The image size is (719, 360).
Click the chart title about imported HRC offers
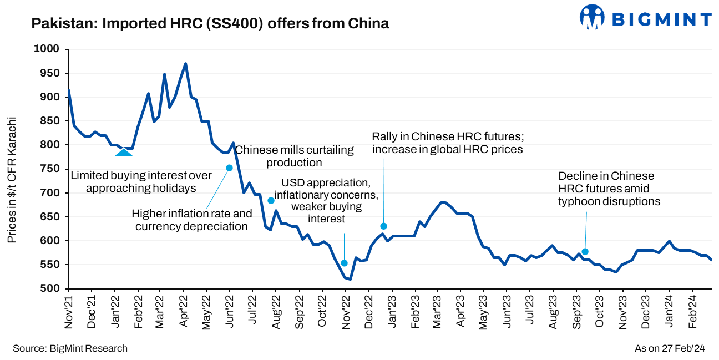pyautogui.click(x=210, y=23)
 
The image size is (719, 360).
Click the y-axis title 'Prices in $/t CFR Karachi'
pyautogui.click(x=12, y=180)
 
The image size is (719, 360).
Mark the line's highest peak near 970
pyautogui.click(x=185, y=64)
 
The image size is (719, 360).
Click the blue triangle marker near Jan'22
pyautogui.click(x=123, y=151)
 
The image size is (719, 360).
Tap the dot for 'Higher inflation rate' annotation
pyautogui.click(x=229, y=168)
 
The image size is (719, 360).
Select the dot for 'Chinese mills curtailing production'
pyautogui.click(x=271, y=201)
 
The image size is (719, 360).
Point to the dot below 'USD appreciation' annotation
pyautogui.click(x=344, y=263)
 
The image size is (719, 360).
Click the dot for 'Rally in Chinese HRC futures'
pyautogui.click(x=383, y=226)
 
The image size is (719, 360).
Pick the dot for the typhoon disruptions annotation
pyautogui.click(x=585, y=251)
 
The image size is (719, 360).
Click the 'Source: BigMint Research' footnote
pyautogui.click(x=70, y=348)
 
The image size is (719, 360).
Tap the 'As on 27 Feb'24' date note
pyautogui.click(x=669, y=348)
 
